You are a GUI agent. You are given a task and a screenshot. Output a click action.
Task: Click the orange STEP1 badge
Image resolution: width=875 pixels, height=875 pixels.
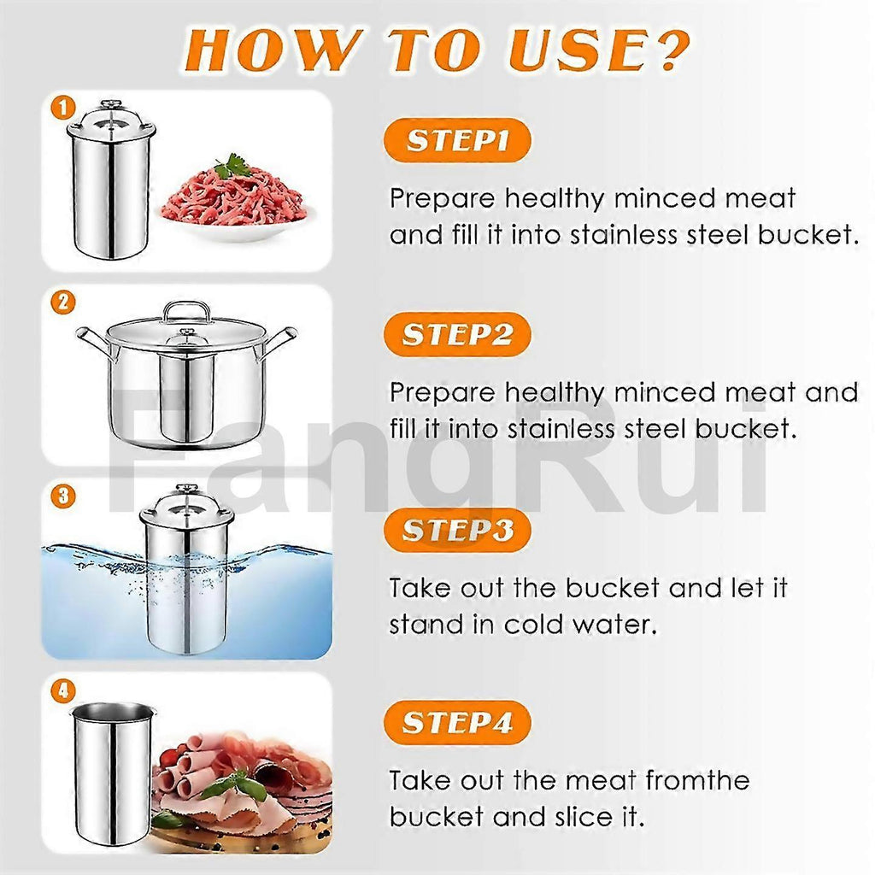click(457, 139)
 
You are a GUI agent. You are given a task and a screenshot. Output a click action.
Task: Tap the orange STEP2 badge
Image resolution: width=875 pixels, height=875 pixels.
click(457, 334)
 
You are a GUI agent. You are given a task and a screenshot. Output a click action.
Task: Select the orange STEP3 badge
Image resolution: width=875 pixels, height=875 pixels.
click(457, 530)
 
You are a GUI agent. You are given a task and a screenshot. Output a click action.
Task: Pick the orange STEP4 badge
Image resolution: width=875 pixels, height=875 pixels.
click(457, 723)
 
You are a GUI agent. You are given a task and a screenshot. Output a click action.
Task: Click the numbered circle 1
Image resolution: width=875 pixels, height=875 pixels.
click(63, 108)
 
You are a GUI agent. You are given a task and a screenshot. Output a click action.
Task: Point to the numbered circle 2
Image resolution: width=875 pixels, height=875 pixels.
click(63, 302)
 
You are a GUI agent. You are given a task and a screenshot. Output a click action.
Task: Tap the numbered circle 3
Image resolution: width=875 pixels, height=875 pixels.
click(63, 496)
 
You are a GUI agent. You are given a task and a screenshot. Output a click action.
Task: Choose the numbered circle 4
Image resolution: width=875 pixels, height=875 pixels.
click(63, 690)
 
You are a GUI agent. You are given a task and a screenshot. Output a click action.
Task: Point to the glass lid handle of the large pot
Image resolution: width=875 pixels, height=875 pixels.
click(186, 311)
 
